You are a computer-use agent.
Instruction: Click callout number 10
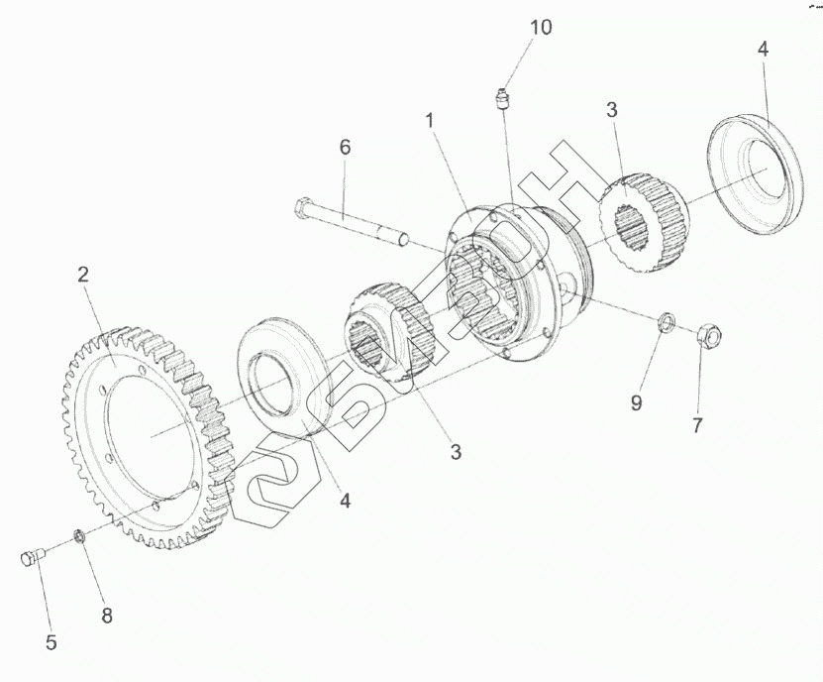coord(540,28)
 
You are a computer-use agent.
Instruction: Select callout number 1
coord(430,120)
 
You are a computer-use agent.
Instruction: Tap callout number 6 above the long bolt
coord(345,148)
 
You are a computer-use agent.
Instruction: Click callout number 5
coord(51,642)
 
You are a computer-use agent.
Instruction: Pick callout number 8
coord(106,616)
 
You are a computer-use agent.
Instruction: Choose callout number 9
coord(637,402)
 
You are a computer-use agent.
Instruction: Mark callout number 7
coord(697,425)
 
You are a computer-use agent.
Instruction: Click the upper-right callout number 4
coord(762,49)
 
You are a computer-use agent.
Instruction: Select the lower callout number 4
coord(346,502)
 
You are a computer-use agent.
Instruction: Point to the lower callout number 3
coord(455,452)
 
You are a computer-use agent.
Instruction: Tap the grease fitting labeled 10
coord(501,99)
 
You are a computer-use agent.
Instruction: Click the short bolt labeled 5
coord(32,559)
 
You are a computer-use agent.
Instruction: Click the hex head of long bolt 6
coord(302,209)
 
